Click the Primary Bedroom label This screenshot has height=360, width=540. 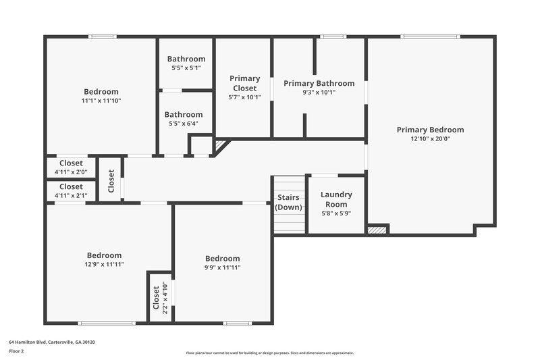pyautogui.click(x=430, y=130)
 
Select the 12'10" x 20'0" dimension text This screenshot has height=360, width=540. pyautogui.click(x=430, y=138)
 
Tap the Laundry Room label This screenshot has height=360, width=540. pyautogui.click(x=336, y=199)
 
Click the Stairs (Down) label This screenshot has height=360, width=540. pyautogui.click(x=289, y=203)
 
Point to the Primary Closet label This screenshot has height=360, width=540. pyautogui.click(x=244, y=83)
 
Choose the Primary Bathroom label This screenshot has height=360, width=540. pyautogui.click(x=319, y=83)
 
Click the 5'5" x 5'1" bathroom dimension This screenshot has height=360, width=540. pyautogui.click(x=186, y=68)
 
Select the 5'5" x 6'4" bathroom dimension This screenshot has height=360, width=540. pyautogui.click(x=184, y=124)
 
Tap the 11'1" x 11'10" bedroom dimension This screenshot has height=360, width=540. pyautogui.click(x=101, y=101)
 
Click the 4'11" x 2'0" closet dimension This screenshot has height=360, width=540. pyautogui.click(x=71, y=172)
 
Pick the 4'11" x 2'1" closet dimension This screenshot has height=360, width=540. pyautogui.click(x=71, y=195)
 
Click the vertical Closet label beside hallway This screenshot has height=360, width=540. pyautogui.click(x=111, y=180)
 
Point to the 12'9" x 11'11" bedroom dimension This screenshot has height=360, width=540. pyautogui.click(x=105, y=264)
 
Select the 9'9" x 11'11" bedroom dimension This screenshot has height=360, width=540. pyautogui.click(x=223, y=267)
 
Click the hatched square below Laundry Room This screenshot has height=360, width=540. pyautogui.click(x=377, y=230)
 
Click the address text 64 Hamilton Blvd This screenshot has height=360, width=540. pyautogui.click(x=52, y=342)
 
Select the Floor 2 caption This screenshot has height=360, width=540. pyautogui.click(x=16, y=351)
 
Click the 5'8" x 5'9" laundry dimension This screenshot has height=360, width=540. pyautogui.click(x=336, y=214)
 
